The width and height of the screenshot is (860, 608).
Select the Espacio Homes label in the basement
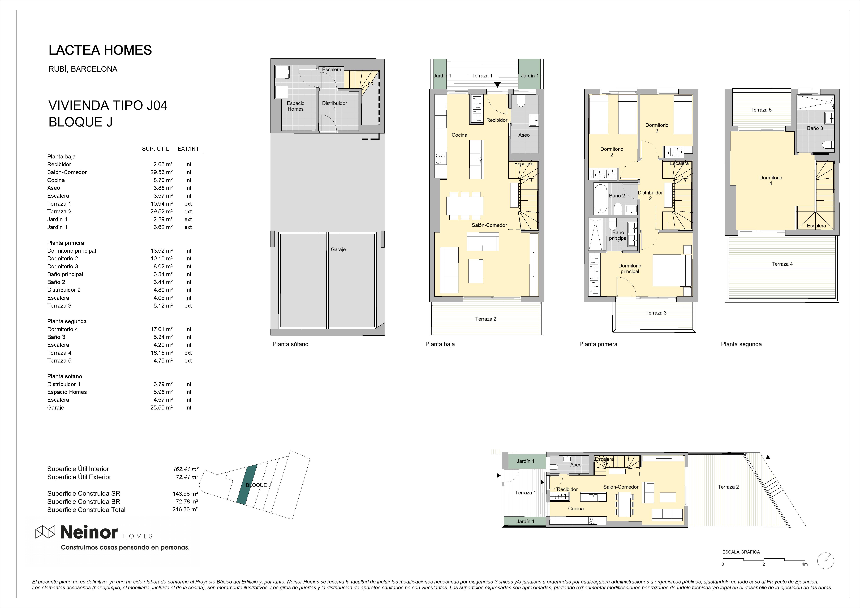click(295, 106)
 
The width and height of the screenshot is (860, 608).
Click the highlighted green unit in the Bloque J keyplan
click(247, 485)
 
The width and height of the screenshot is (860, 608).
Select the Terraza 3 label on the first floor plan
click(656, 313)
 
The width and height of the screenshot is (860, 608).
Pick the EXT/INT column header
click(188, 149)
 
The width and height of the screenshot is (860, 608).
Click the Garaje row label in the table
click(56, 408)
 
